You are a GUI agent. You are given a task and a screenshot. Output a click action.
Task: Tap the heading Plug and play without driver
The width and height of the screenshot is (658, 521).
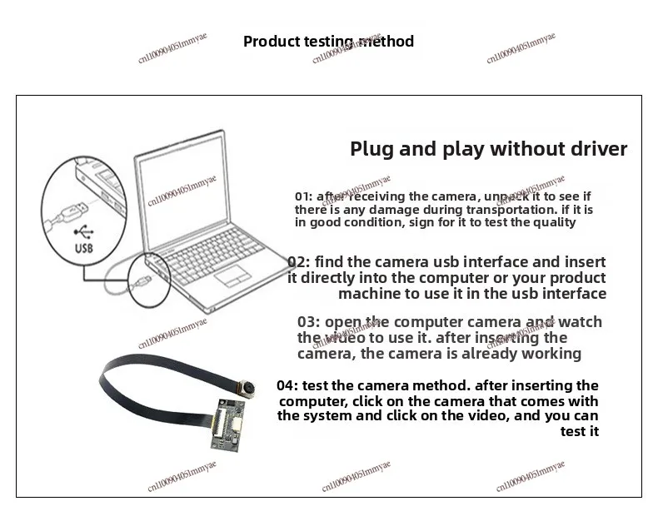coord(488,150)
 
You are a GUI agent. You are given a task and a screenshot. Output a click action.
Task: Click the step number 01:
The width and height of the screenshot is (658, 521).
coord(303,196)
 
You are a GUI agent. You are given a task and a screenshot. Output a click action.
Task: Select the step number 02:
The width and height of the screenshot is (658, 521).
coord(298,262)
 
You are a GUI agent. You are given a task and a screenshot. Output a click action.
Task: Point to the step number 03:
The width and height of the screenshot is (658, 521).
coord(308,322)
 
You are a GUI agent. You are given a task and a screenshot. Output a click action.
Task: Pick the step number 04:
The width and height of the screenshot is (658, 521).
coord(287,385)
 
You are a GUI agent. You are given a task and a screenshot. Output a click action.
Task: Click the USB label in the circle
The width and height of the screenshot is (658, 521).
coord(85,248)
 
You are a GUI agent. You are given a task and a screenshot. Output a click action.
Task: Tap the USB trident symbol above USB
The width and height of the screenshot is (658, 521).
coord(84,232)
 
